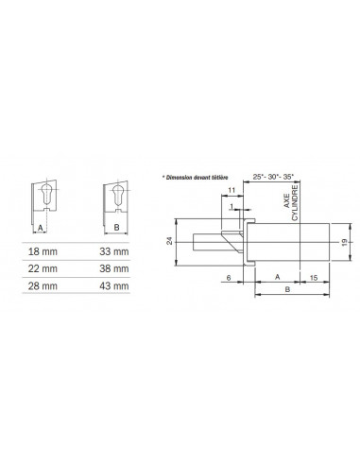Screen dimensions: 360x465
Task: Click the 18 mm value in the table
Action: pyautogui.click(x=43, y=251)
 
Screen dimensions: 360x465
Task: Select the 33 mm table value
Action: pyautogui.click(x=114, y=251)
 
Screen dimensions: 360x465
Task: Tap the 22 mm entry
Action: pyautogui.click(x=43, y=268)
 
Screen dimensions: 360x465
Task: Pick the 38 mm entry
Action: pyautogui.click(x=114, y=268)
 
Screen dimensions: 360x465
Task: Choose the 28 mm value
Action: pyautogui.click(x=43, y=286)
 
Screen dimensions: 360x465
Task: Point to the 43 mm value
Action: pyautogui.click(x=114, y=286)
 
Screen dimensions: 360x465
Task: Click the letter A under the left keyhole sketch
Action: pyautogui.click(x=41, y=228)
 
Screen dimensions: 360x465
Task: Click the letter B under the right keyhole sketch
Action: pyautogui.click(x=116, y=227)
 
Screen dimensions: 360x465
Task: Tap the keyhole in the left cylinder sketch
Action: pyautogui.click(x=46, y=194)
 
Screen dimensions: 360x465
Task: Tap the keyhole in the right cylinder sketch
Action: pyautogui.click(x=118, y=195)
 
